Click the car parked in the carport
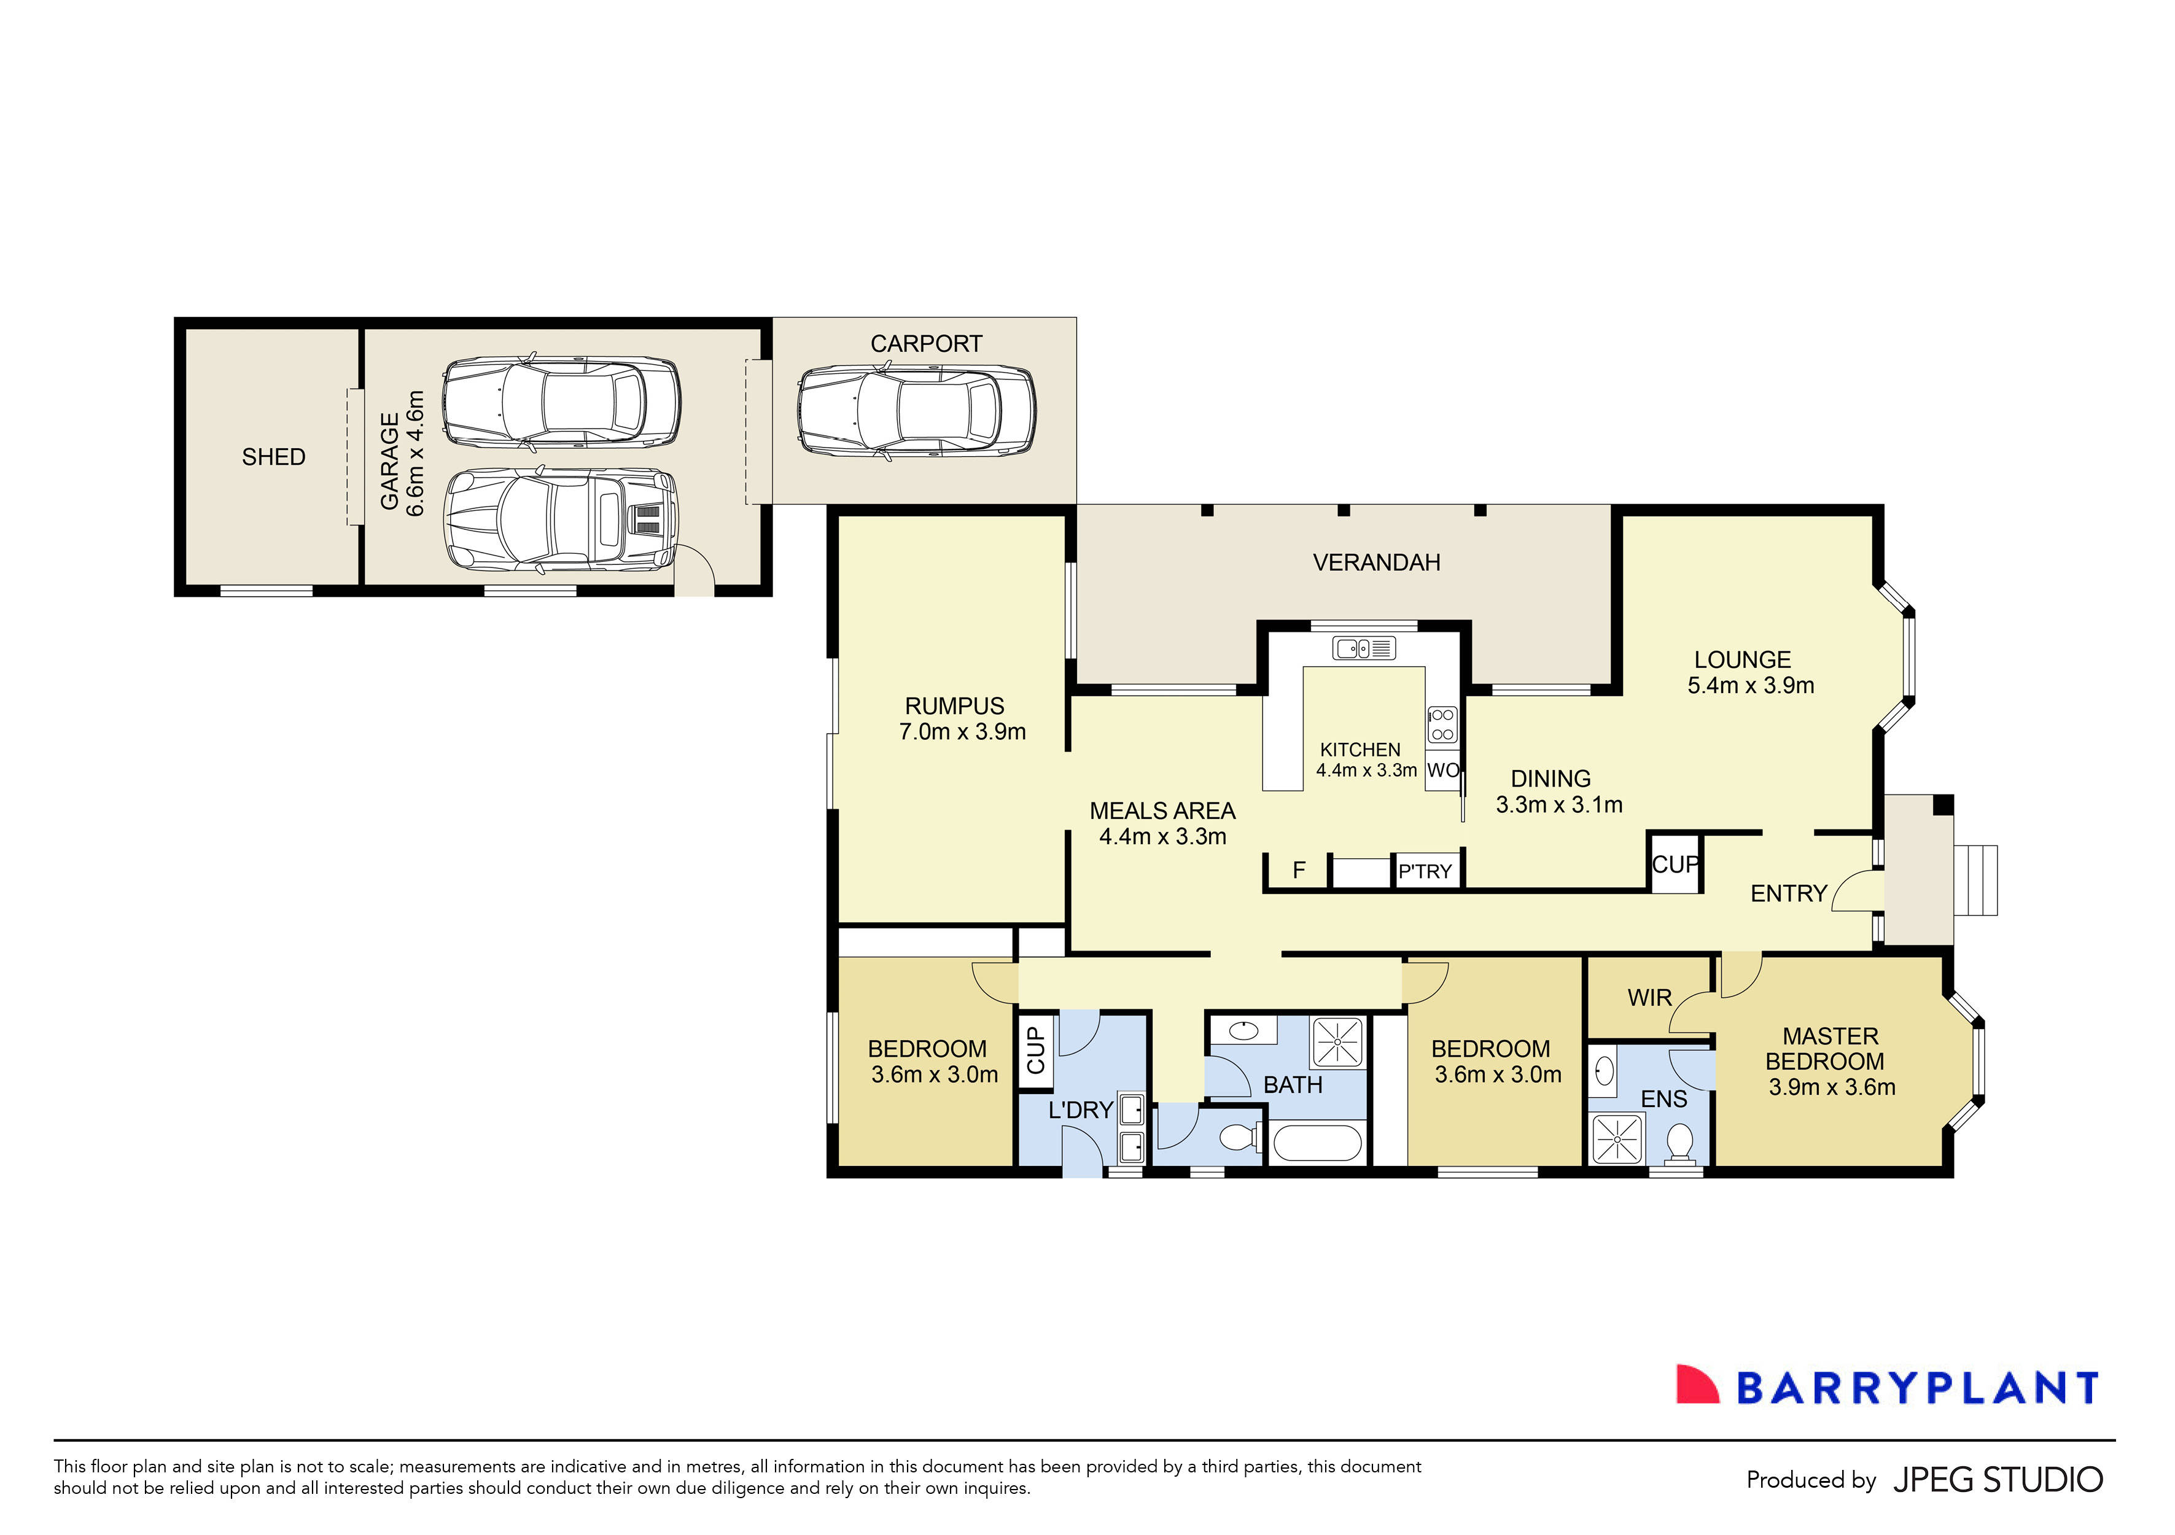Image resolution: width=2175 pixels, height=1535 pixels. [916, 413]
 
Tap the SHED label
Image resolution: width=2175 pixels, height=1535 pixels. [274, 457]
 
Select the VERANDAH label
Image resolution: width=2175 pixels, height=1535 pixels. [1377, 562]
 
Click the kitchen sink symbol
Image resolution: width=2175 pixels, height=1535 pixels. [1364, 648]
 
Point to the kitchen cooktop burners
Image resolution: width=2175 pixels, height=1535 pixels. [1442, 725]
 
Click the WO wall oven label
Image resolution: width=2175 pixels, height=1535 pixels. [1443, 771]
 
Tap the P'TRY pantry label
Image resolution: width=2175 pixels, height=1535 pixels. [1425, 872]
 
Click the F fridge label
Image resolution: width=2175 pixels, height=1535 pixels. [1299, 870]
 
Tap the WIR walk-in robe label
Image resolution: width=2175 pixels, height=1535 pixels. [1649, 998]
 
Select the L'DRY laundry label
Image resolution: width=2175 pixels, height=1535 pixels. [1080, 1110]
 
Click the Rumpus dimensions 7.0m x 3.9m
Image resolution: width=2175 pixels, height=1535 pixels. [962, 732]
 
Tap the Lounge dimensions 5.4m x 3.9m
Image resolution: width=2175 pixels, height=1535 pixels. [1751, 686]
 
